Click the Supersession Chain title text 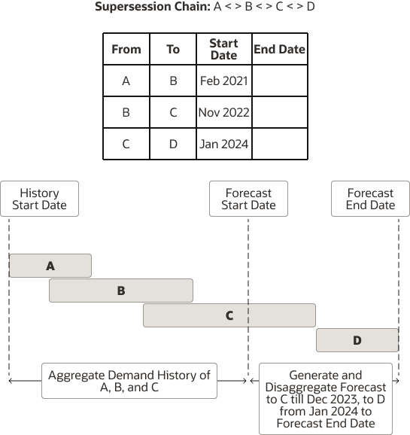[205, 8]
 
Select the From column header [126, 49]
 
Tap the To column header [173, 49]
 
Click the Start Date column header [223, 49]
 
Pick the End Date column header [279, 49]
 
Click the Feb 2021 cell [223, 81]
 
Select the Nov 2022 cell [223, 112]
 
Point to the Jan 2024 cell [223, 144]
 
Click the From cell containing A [126, 81]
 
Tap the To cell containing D [173, 144]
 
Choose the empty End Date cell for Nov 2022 [279, 112]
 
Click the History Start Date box [39, 199]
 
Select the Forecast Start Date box [248, 199]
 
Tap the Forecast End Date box [370, 199]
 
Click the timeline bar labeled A [50, 266]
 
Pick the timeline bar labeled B [121, 291]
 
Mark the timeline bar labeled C [229, 315]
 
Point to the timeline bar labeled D [357, 340]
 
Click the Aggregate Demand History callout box [129, 381]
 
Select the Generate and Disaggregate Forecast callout [325, 399]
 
